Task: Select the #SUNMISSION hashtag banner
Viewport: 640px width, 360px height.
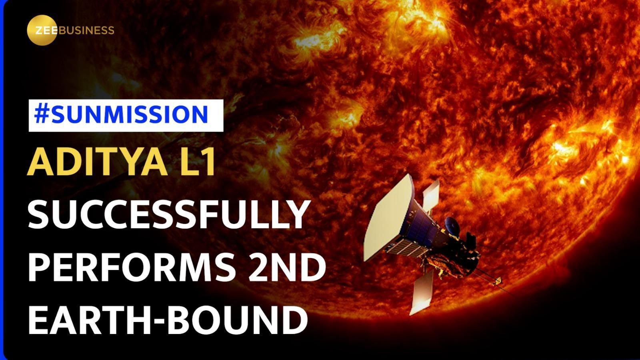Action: pos(126,115)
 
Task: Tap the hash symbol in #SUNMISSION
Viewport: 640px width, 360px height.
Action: pos(41,115)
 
